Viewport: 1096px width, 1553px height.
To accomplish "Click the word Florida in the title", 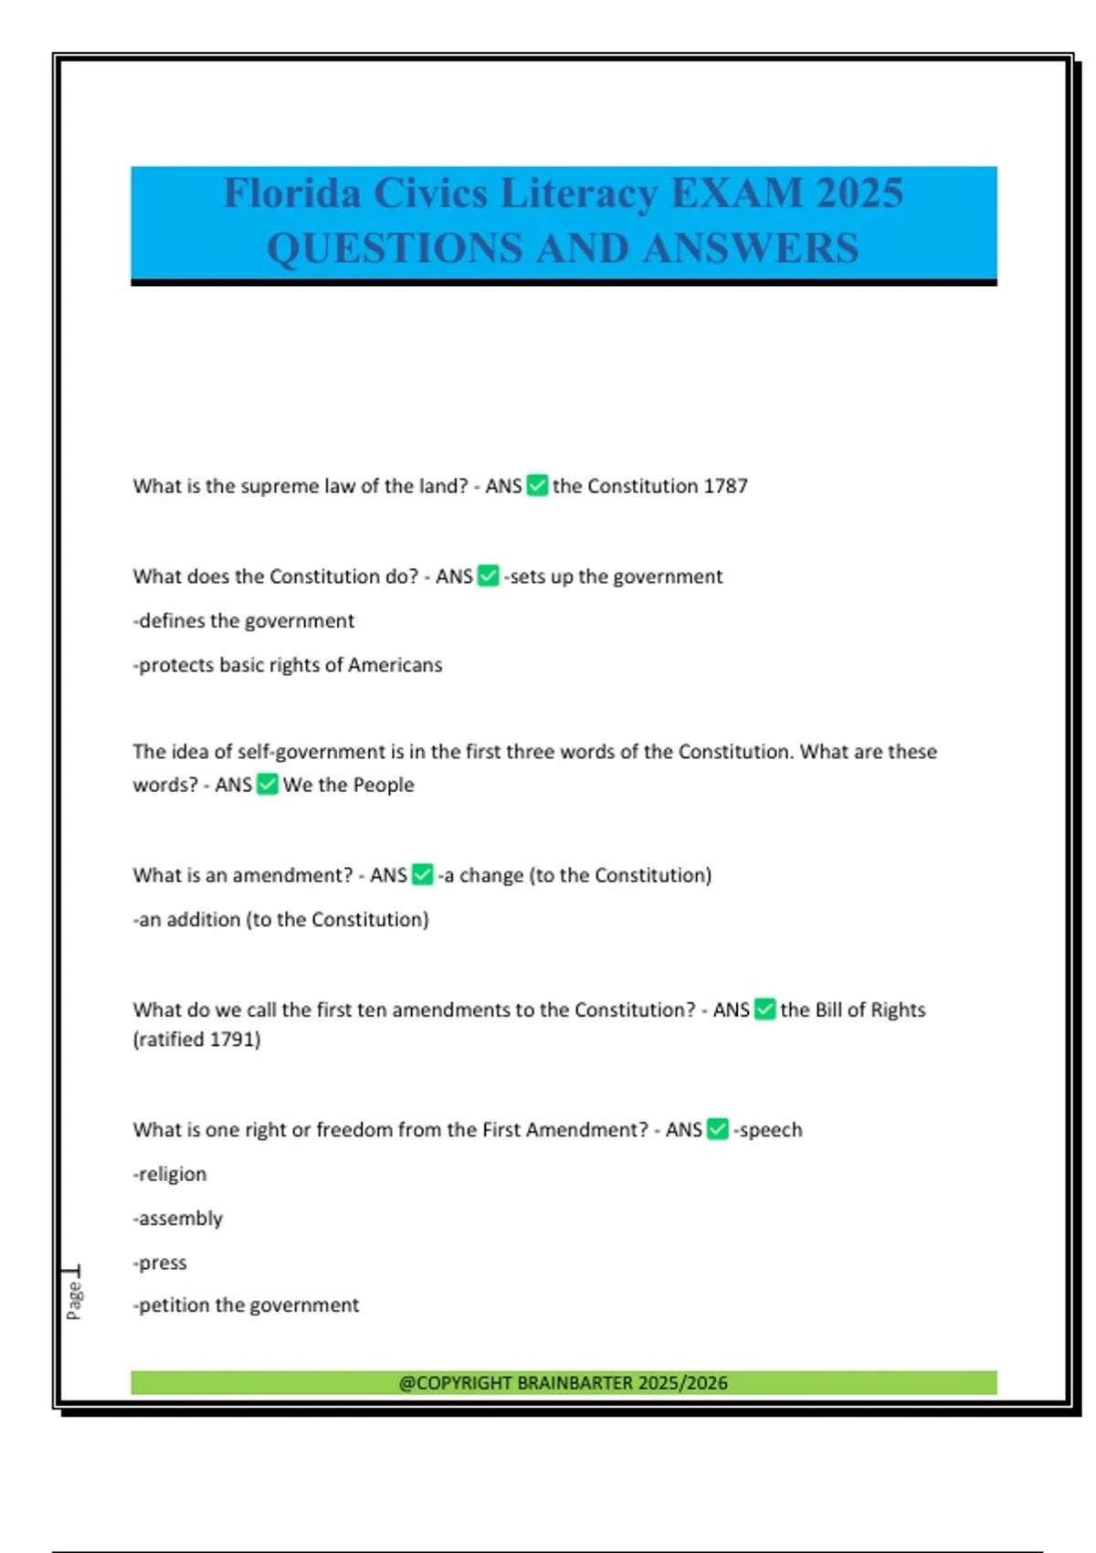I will tap(292, 194).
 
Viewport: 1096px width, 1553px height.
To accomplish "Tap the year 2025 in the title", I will tap(859, 194).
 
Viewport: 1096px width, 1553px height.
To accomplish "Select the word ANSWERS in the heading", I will tap(751, 248).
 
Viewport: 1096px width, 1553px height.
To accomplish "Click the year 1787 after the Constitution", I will tap(725, 486).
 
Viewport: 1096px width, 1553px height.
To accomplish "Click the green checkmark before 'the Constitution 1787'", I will tap(538, 485).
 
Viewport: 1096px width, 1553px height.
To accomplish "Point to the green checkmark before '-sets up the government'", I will tap(489, 576).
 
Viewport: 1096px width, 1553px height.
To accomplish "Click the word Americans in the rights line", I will tap(395, 665).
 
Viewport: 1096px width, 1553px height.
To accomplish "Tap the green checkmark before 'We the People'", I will tap(267, 784).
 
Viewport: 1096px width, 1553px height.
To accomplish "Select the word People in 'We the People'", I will tap(384, 785).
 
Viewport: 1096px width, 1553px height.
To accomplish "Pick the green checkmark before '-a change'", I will tap(422, 874).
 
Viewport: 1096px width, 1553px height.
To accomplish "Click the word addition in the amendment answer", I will tap(203, 919).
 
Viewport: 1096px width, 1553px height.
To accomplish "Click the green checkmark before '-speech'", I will tap(718, 1129).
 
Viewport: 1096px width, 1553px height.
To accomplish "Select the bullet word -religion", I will tap(170, 1174).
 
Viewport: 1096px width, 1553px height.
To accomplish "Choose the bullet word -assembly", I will tap(178, 1219).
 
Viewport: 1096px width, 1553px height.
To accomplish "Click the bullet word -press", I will tap(160, 1262).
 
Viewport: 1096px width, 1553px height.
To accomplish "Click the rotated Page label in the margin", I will tap(75, 1299).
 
